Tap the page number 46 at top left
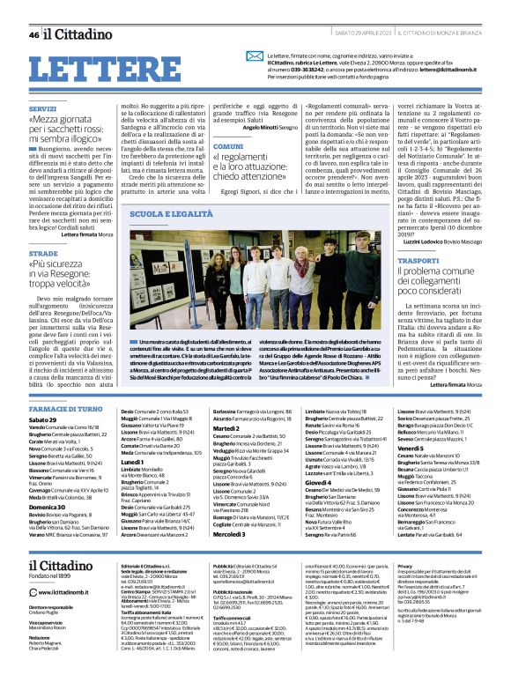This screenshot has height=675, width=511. (x=33, y=35)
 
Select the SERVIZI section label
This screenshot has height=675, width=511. (x=41, y=108)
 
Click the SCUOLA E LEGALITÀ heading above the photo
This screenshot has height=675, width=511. (x=171, y=214)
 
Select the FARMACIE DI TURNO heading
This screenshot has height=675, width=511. (x=67, y=409)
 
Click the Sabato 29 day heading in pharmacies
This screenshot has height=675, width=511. (x=42, y=420)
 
